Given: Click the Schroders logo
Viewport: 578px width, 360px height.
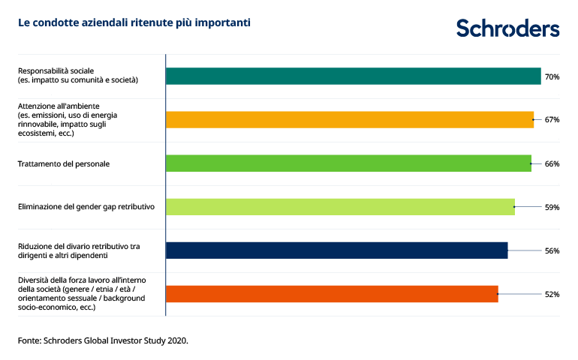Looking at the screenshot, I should (x=507, y=28).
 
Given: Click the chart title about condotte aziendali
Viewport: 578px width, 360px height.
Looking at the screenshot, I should (x=134, y=23).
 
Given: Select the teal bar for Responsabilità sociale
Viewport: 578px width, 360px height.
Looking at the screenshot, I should (x=353, y=76).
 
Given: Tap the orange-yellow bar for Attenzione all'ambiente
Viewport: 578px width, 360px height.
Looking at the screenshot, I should (x=349, y=119).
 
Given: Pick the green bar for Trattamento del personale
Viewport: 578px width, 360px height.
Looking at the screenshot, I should (x=348, y=163).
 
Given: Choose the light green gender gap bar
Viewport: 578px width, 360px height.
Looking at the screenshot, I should (x=339, y=206).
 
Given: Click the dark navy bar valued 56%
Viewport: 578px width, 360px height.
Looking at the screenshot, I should (x=336, y=250).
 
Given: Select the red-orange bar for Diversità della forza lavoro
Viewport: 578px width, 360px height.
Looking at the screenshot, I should (x=331, y=294).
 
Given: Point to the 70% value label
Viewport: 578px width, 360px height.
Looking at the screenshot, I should (x=552, y=76).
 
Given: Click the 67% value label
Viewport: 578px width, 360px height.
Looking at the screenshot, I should (x=552, y=120).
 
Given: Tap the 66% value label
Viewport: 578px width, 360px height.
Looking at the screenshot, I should (x=552, y=163).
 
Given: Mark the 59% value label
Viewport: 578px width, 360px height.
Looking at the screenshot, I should (x=552, y=207).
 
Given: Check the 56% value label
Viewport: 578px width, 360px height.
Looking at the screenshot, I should (x=552, y=250).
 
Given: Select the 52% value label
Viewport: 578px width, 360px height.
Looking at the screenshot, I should (x=552, y=294).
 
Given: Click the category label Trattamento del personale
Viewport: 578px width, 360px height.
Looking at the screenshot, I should (x=64, y=163).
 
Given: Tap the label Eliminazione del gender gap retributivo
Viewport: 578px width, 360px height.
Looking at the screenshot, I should (x=86, y=207).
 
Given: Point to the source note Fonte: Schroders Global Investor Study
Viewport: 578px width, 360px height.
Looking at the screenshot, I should (x=103, y=340).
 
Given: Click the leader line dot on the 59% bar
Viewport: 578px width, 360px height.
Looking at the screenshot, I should (x=514, y=207).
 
